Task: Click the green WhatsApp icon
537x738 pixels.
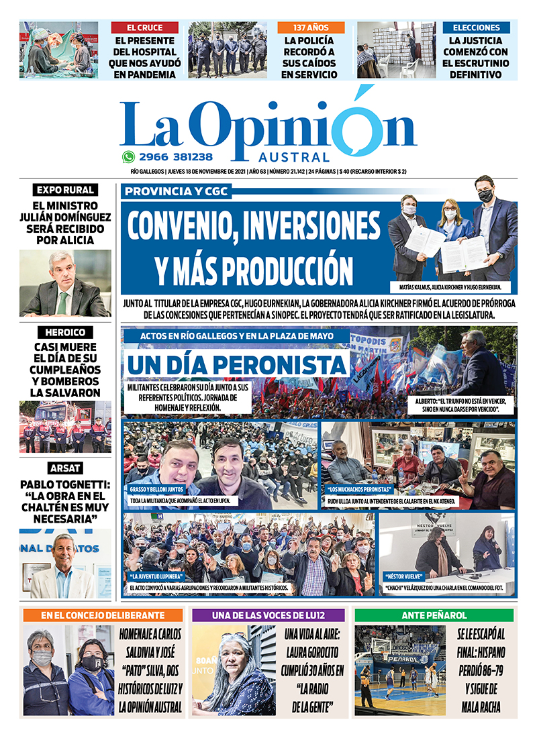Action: click(x=128, y=157)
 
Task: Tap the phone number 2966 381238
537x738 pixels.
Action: click(x=175, y=157)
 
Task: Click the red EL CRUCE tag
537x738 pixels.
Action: click(x=144, y=28)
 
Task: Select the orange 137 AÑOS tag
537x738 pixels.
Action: click(x=311, y=28)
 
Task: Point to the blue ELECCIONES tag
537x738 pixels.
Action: click(x=476, y=28)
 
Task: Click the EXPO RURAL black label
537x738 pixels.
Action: click(x=65, y=190)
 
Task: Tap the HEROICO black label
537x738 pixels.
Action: click(x=65, y=332)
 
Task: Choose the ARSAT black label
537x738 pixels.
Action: click(x=65, y=468)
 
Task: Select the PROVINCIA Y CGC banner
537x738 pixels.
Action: click(x=176, y=192)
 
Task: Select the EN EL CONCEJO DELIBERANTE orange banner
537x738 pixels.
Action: click(x=102, y=615)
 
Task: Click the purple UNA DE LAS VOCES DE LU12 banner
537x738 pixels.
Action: click(x=268, y=615)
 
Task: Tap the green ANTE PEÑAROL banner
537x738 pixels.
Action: click(x=434, y=615)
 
